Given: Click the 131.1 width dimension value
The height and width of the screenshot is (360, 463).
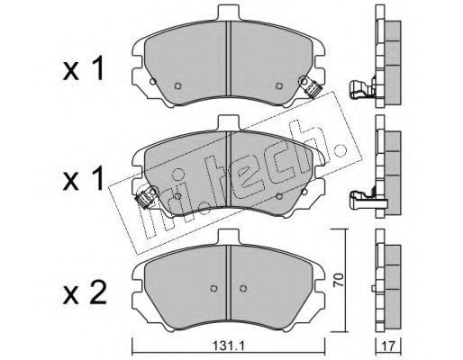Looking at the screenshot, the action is tap(229, 346).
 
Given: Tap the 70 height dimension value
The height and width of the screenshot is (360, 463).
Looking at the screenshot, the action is tap(339, 280).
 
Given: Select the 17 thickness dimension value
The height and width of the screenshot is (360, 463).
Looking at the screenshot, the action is tap(388, 346).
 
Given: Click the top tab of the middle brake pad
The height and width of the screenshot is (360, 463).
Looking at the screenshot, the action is tap(229, 123).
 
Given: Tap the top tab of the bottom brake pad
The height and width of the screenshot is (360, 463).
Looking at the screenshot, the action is tap(229, 237).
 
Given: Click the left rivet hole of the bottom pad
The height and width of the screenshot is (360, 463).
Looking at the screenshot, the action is tap(213, 288).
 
